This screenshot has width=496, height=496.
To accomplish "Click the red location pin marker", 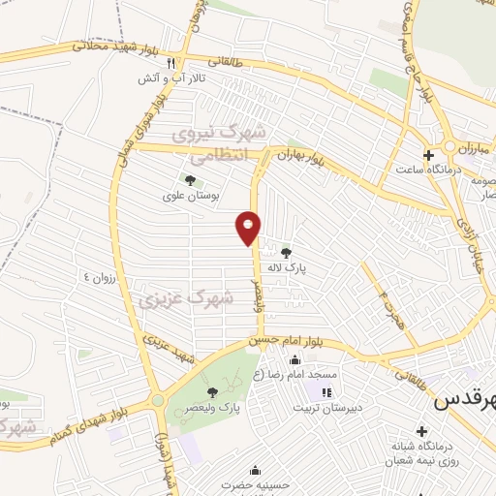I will pyautogui.click(x=249, y=227).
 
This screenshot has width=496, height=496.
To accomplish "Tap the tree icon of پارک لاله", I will pyautogui.click(x=285, y=252).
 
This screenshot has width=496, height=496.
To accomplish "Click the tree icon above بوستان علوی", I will pyautogui.click(x=190, y=179).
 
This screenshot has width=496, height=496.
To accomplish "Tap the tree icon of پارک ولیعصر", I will pyautogui.click(x=212, y=392).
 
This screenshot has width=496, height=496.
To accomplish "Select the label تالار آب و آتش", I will pyautogui.click(x=161, y=77).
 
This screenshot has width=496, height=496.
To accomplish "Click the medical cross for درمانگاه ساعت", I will pyautogui.click(x=428, y=155).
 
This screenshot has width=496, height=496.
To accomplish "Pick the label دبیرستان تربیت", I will pyautogui.click(x=359, y=392).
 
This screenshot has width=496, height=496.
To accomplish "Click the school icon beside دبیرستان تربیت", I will pyautogui.click(x=325, y=392).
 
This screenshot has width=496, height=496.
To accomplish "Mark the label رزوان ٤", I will pyautogui.click(x=100, y=276).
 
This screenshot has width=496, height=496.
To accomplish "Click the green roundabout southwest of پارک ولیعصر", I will pyautogui.click(x=157, y=400).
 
